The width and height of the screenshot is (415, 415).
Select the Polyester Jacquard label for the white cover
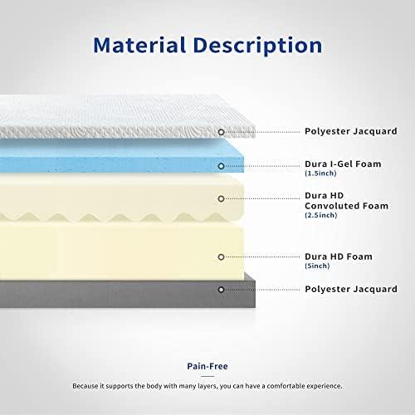(349, 132)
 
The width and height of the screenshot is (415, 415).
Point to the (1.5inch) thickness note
(320, 175)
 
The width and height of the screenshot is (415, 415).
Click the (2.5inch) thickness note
(320, 216)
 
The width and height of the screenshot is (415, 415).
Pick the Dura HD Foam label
(336, 256)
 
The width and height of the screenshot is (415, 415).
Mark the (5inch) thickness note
(317, 266)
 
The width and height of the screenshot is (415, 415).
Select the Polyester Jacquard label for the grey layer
(349, 289)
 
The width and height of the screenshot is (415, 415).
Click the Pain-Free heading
(207, 365)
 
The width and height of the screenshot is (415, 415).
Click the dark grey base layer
(124, 292)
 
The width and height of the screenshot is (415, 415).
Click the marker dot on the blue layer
(221, 166)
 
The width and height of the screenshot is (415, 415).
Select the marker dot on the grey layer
(221, 289)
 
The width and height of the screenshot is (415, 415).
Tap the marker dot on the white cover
(221, 132)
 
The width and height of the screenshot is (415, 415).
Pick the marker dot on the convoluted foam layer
(221, 199)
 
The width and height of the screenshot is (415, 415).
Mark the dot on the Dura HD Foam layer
(221, 256)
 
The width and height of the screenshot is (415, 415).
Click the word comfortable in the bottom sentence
(289, 387)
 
